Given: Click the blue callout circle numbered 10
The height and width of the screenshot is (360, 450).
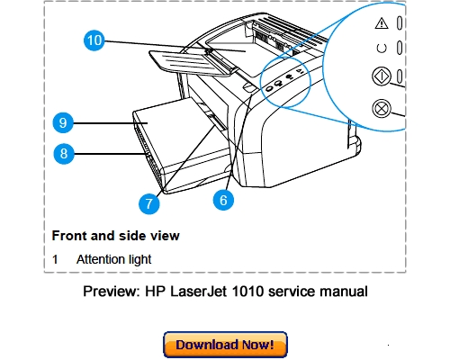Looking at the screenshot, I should pyautogui.click(x=94, y=40).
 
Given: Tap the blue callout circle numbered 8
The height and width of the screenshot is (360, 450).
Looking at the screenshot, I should pyautogui.click(x=62, y=153).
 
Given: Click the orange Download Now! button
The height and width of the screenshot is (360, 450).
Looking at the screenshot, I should pyautogui.click(x=225, y=345).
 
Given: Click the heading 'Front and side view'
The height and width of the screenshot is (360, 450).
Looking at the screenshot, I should pyautogui.click(x=115, y=236).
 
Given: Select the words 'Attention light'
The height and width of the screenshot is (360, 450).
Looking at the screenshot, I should pyautogui.click(x=113, y=259).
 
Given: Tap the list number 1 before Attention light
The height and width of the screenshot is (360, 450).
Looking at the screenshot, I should pyautogui.click(x=55, y=259).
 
